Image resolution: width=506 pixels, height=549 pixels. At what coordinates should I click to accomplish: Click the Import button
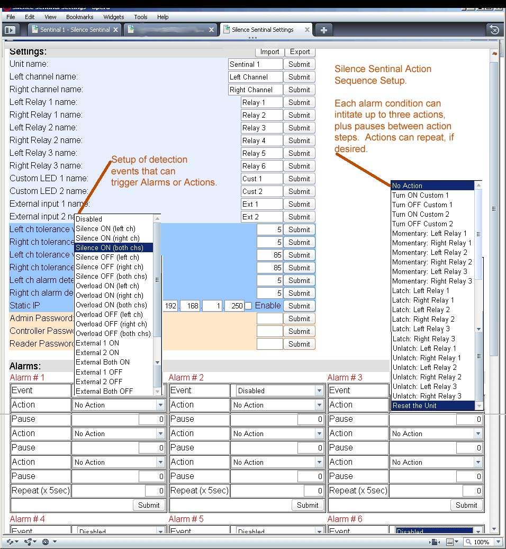click(x=269, y=51)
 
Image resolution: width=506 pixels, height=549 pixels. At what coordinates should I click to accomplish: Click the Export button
click(x=300, y=51)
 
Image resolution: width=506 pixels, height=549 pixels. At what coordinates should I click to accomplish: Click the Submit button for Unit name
click(x=299, y=64)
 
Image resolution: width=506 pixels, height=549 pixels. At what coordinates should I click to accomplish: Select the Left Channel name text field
click(x=255, y=77)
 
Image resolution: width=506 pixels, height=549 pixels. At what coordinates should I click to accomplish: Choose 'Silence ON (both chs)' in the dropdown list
click(x=113, y=247)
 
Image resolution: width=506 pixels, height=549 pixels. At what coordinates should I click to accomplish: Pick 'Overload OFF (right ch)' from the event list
click(x=113, y=324)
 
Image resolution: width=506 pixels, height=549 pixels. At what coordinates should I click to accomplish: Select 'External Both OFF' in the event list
click(x=104, y=391)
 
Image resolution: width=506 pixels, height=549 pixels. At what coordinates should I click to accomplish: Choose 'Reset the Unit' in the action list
click(x=414, y=405)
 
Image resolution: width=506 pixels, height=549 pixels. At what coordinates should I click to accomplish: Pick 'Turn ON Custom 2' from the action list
click(x=420, y=214)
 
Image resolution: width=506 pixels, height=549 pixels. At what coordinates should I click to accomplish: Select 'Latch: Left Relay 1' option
click(x=420, y=290)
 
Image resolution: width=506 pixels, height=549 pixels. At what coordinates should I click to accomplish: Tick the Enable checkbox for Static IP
click(x=248, y=306)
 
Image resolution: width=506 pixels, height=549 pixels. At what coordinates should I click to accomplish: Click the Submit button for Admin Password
click(x=299, y=318)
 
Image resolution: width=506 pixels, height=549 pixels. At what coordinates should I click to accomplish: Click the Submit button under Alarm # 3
click(x=466, y=505)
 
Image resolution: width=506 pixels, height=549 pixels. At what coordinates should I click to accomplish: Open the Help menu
click(x=163, y=17)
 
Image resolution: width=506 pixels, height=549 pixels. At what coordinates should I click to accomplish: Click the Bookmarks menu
click(x=80, y=17)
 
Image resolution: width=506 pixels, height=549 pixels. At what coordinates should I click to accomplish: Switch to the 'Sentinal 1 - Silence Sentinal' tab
click(x=75, y=30)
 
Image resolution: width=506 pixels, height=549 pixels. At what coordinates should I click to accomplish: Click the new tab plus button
click(x=324, y=30)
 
